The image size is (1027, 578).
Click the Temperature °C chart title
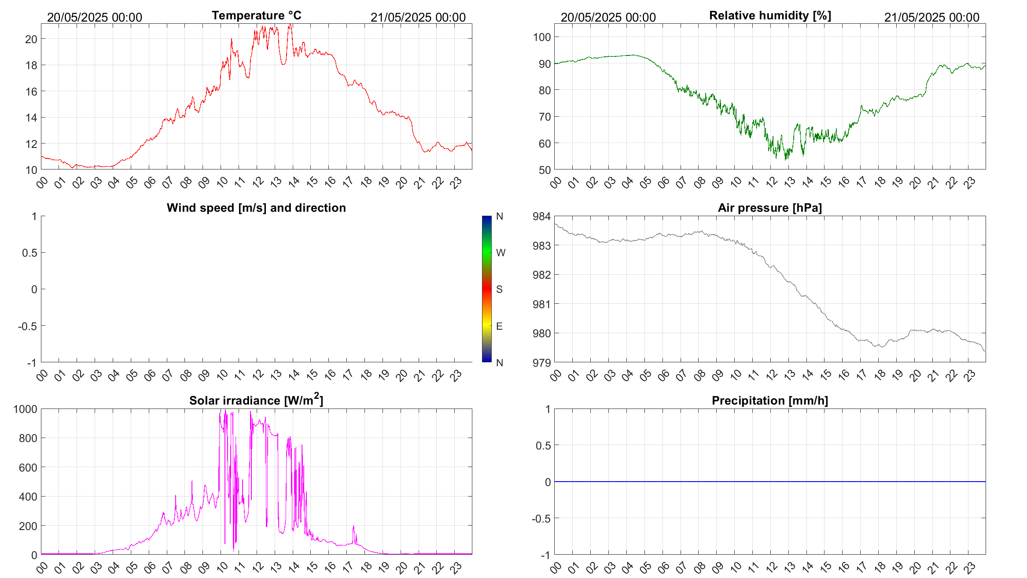256,15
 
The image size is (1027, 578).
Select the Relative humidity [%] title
770,15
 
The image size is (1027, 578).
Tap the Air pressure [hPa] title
769,208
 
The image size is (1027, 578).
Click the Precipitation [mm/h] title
769,401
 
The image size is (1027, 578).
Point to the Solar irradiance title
256,400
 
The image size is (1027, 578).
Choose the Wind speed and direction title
256,208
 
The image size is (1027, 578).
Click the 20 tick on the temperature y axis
31,39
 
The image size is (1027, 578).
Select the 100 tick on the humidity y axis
542,37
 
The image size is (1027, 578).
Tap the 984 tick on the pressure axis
542,216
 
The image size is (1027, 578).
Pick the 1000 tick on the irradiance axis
26,409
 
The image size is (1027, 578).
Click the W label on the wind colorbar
501,253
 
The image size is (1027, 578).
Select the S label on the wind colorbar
499,289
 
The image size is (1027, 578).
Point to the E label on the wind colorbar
499,326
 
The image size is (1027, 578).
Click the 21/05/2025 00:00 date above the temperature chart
418,17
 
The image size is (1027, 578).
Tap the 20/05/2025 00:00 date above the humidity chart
608,17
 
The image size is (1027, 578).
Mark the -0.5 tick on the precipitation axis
541,519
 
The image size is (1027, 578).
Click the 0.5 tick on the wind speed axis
29,253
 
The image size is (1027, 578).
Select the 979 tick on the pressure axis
542,363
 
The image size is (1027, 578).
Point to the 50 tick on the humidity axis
545,170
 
